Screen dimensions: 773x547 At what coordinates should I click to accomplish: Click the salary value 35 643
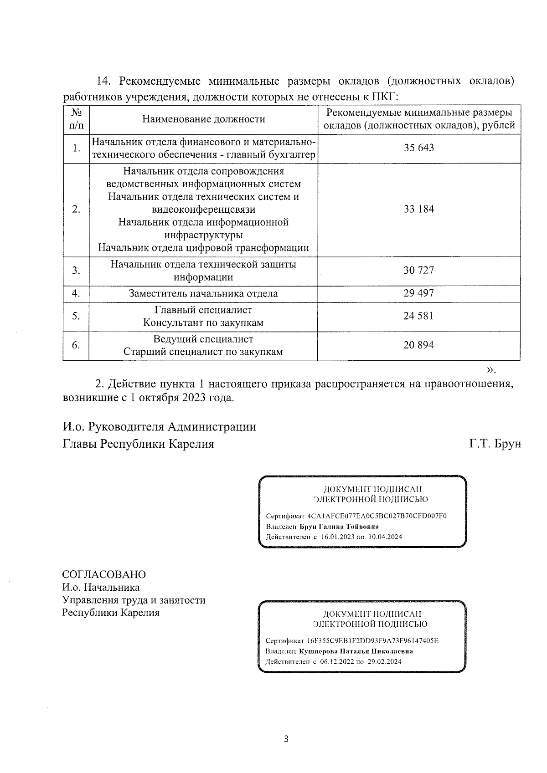tap(418, 148)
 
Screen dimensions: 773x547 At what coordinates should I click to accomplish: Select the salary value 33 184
tap(418, 210)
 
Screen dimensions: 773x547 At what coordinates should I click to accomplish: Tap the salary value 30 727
tap(418, 271)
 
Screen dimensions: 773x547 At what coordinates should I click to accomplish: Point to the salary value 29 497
tap(418, 293)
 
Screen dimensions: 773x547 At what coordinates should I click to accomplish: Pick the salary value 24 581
tap(418, 316)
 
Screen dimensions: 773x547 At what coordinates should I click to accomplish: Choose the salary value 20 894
tap(418, 345)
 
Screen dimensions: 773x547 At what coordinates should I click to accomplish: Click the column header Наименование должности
tap(203, 119)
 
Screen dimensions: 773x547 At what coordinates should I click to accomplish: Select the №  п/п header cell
tap(76, 119)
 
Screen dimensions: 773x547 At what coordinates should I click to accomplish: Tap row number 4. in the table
tap(76, 294)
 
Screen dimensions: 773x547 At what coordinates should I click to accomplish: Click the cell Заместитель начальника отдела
tap(203, 294)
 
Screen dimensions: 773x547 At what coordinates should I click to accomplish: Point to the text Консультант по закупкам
tap(203, 323)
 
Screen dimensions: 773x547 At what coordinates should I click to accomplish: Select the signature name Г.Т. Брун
tap(495, 444)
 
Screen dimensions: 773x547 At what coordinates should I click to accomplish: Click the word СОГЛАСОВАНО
tap(104, 574)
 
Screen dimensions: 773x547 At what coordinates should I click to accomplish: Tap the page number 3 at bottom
tap(286, 739)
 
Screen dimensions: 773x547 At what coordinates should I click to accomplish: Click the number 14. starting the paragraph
tap(104, 82)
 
